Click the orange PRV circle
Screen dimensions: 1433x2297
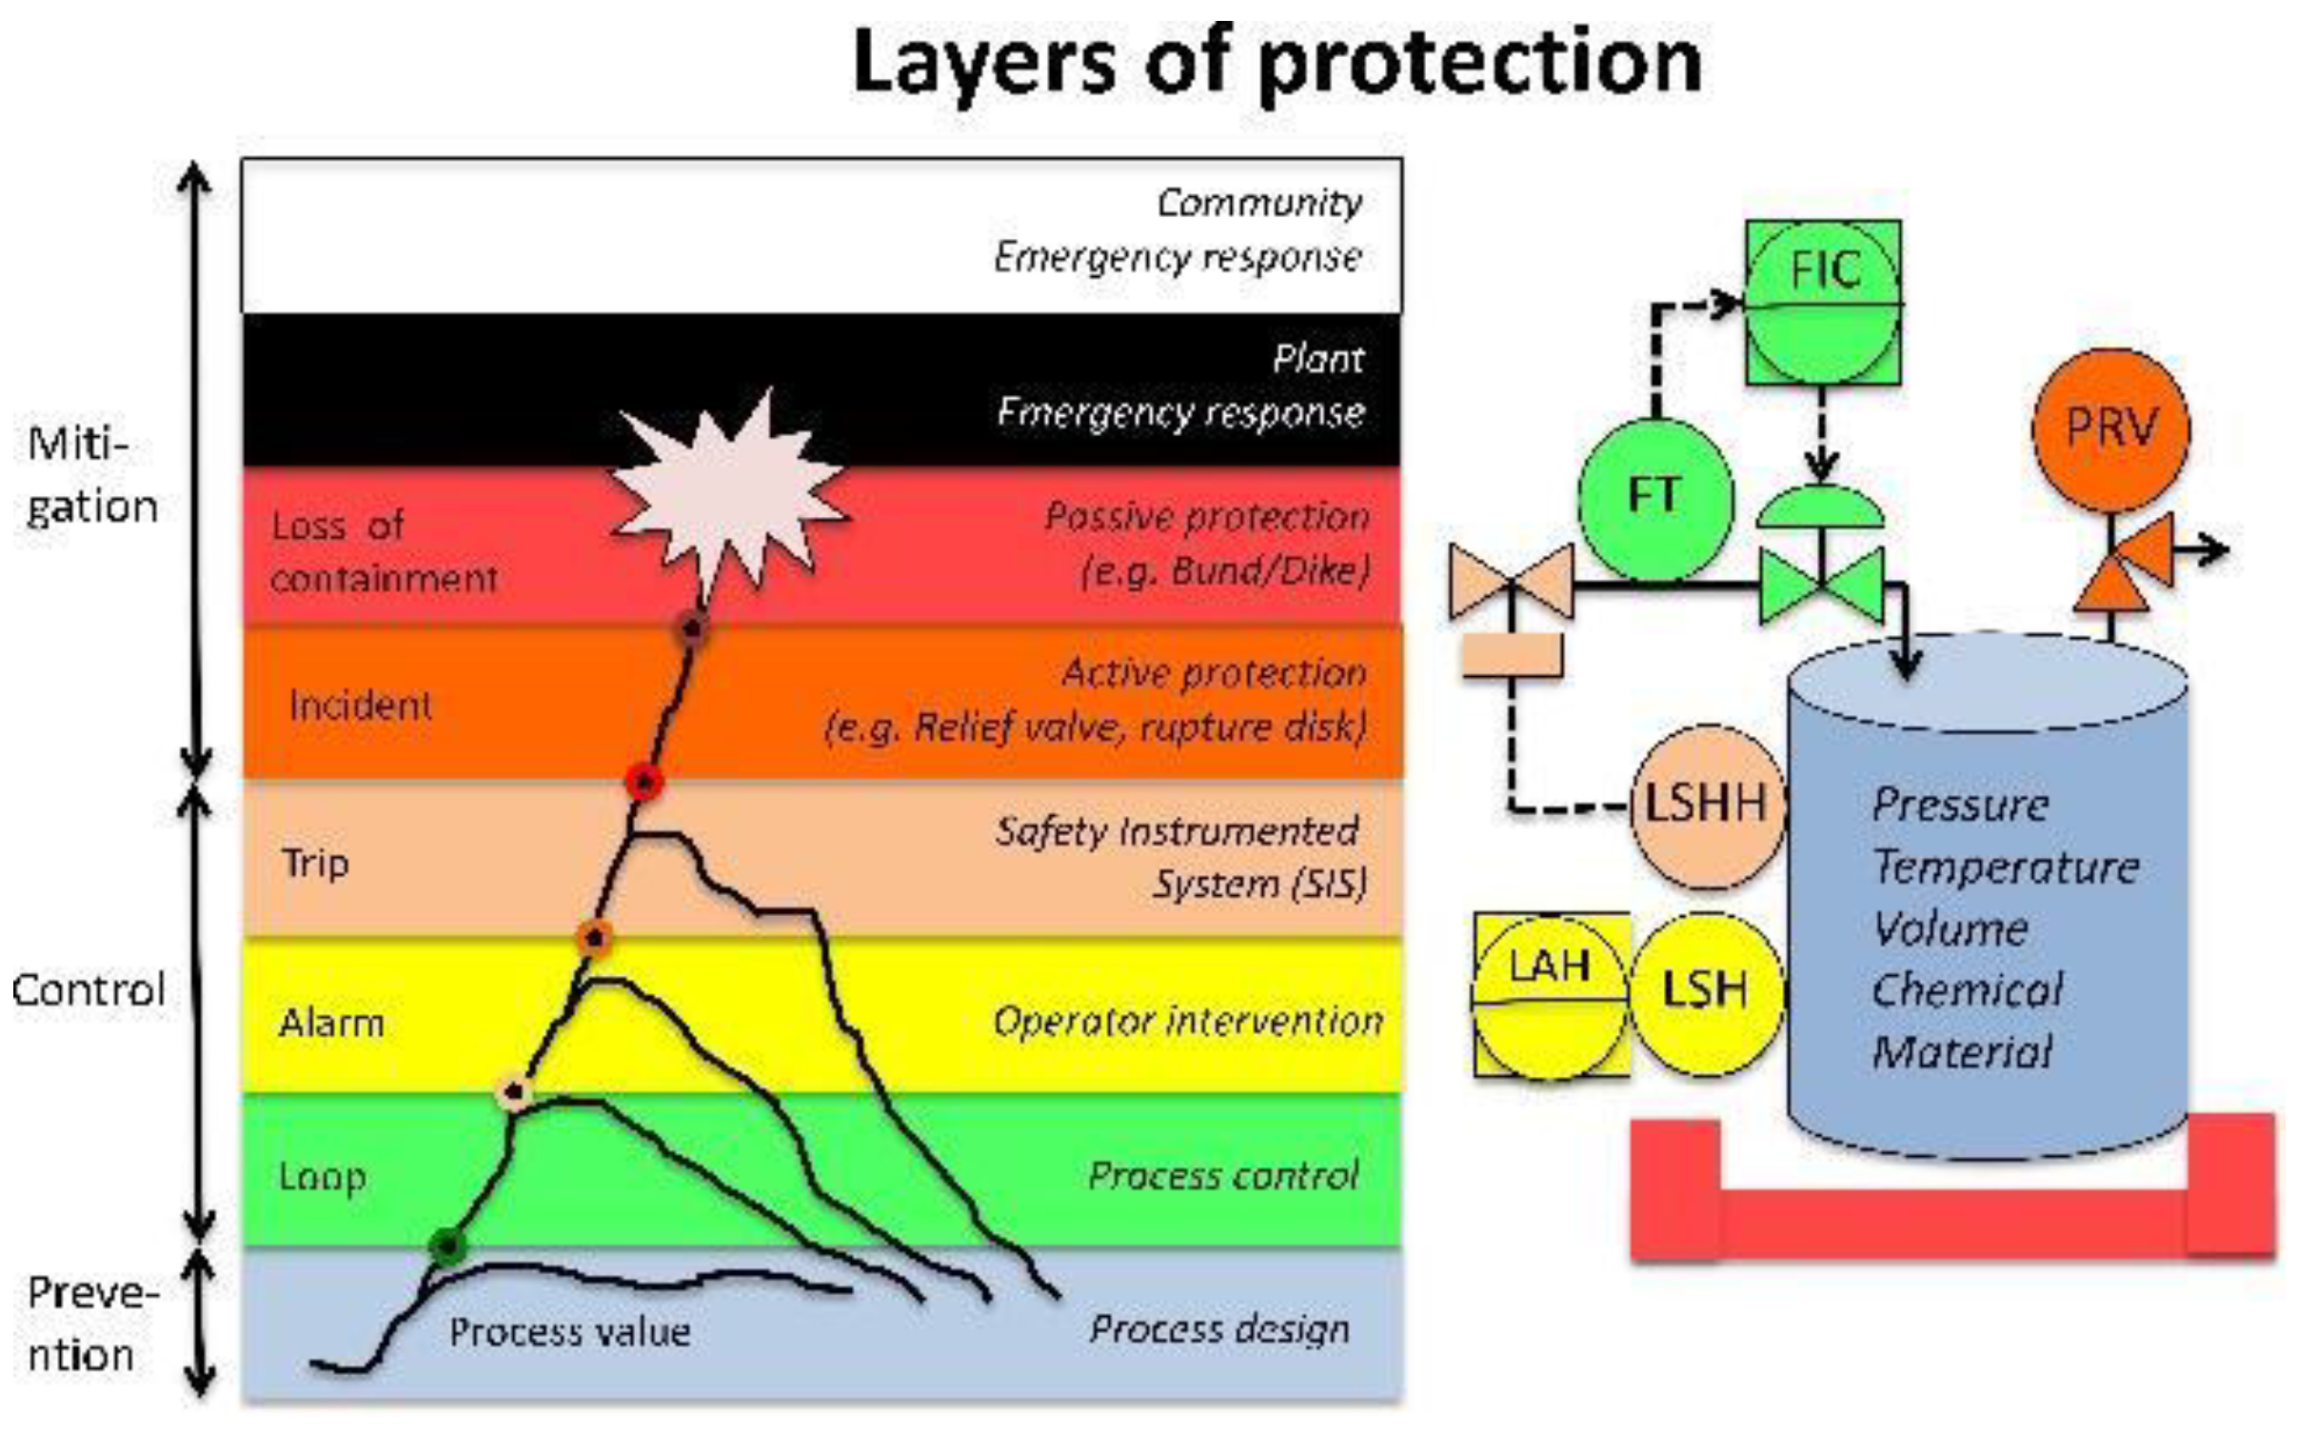[x=2109, y=428]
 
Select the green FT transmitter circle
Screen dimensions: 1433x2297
[x=1654, y=498]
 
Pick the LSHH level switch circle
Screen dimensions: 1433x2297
[x=1707, y=806]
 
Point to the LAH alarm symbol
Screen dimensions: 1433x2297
[x=1550, y=996]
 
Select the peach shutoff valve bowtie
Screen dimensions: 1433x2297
[x=1511, y=580]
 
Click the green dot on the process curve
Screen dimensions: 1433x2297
[x=446, y=1244]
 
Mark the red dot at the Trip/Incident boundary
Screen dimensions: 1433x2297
[x=644, y=783]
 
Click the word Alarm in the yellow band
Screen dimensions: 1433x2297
[x=331, y=1024]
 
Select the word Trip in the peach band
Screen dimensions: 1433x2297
[x=315, y=864]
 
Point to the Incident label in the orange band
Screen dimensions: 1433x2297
[x=360, y=706]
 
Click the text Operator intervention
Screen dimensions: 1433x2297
[x=1187, y=1021]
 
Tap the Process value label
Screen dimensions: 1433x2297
[x=569, y=1331]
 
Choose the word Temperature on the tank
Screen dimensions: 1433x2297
[x=2006, y=867]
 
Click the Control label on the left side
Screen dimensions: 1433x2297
[x=89, y=990]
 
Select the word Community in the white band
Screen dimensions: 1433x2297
[x=1258, y=203]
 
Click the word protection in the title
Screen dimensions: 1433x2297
[x=1480, y=62]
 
